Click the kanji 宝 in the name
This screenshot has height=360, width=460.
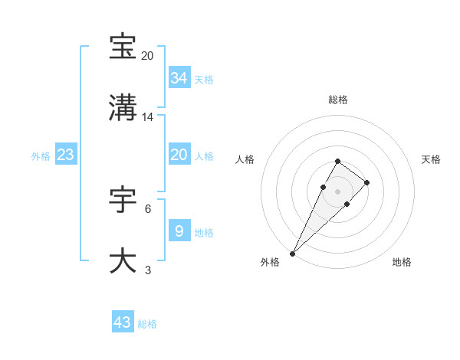point(123,47)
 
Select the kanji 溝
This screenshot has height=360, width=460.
point(123,108)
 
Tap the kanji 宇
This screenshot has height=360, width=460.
point(123,200)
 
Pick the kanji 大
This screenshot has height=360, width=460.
point(123,260)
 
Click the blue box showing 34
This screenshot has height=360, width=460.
point(179,77)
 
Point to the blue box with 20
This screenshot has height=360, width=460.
point(179,155)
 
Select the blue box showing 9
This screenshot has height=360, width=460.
point(179,231)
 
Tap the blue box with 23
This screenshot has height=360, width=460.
point(66,155)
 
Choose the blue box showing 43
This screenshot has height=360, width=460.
point(123,322)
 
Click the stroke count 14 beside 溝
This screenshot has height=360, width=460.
point(148,117)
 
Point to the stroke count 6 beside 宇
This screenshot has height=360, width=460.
point(148,208)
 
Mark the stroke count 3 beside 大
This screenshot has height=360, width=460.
point(148,270)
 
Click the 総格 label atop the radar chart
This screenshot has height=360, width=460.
point(338,100)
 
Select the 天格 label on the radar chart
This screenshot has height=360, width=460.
point(432,159)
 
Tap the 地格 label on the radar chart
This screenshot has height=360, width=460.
point(402,262)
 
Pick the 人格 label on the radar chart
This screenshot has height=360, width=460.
point(245,159)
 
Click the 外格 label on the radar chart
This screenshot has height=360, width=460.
point(270,262)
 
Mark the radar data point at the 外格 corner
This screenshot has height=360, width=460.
point(293,253)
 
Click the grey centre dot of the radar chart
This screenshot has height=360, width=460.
point(338,191)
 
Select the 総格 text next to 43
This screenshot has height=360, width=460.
point(147,324)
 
